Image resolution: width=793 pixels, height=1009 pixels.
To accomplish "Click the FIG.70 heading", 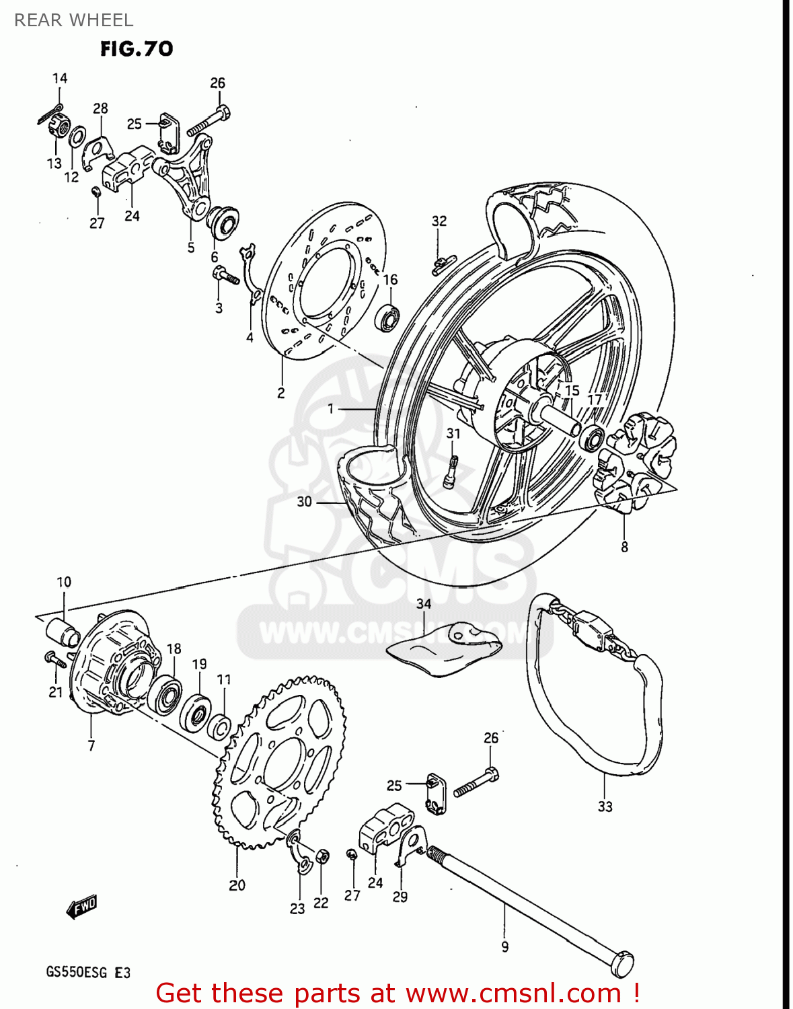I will (x=137, y=48).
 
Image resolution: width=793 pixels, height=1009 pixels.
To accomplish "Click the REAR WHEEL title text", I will (x=73, y=20).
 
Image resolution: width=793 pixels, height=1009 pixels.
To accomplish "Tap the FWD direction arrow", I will (x=82, y=907).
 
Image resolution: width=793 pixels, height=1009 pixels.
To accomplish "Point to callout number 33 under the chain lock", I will (x=605, y=806).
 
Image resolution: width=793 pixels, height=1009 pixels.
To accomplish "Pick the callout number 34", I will (x=423, y=603).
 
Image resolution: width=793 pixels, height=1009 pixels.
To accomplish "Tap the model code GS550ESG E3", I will (x=88, y=973).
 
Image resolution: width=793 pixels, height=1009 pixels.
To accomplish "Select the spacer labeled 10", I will (x=63, y=632).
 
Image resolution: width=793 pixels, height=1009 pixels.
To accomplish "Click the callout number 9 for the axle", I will (x=504, y=946).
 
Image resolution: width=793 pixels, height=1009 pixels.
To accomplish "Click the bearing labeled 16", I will (x=389, y=317).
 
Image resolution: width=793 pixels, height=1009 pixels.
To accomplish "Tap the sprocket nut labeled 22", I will (x=322, y=857).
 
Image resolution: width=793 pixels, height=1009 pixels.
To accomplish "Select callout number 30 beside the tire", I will (x=304, y=501).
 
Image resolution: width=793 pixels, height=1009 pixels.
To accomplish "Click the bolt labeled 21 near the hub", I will (x=54, y=659).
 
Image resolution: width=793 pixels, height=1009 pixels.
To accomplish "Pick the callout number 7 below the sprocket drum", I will (x=91, y=745).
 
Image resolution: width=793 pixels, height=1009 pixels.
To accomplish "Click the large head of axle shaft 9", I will (x=621, y=964).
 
